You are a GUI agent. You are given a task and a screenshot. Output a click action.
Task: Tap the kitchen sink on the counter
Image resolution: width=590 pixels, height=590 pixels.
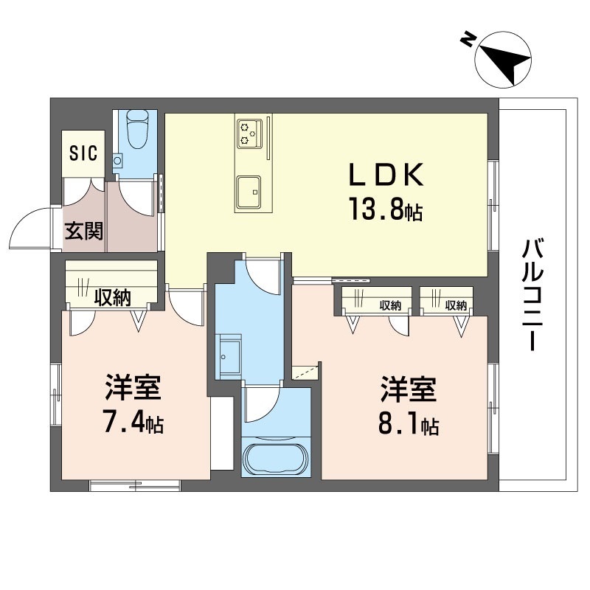click(x=249, y=192)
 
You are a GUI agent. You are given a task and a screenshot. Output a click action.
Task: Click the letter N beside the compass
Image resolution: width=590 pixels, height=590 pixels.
click(x=466, y=41)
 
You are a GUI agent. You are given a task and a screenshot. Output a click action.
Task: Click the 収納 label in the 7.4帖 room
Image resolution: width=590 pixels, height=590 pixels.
click(x=113, y=298)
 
